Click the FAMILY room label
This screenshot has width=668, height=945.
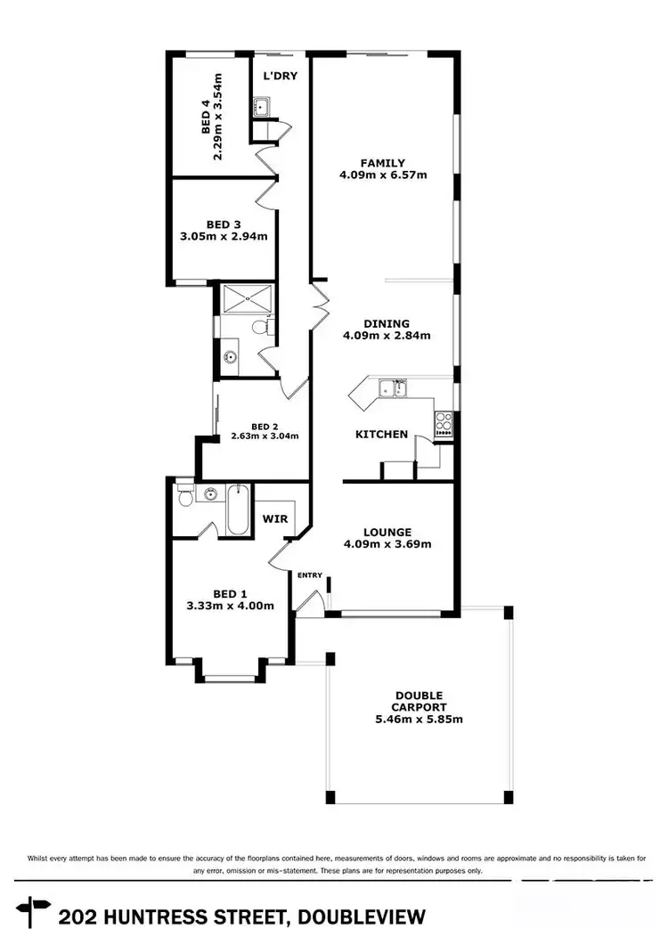point(383,163)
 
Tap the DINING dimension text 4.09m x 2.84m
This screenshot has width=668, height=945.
point(387,337)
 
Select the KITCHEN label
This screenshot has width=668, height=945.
point(381,435)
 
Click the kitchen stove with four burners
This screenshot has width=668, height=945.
point(443,424)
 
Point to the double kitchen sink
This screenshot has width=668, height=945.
point(392,387)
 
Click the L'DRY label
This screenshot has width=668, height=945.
point(280,76)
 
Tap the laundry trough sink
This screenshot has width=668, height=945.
point(263,109)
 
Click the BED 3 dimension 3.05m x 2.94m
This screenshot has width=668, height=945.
point(224,237)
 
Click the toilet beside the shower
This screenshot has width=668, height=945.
point(259,327)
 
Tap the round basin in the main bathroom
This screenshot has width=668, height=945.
point(230,358)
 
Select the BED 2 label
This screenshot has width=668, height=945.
point(265,426)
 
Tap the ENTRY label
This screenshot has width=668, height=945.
point(309,575)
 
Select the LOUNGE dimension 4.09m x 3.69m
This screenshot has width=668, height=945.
point(387,545)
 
